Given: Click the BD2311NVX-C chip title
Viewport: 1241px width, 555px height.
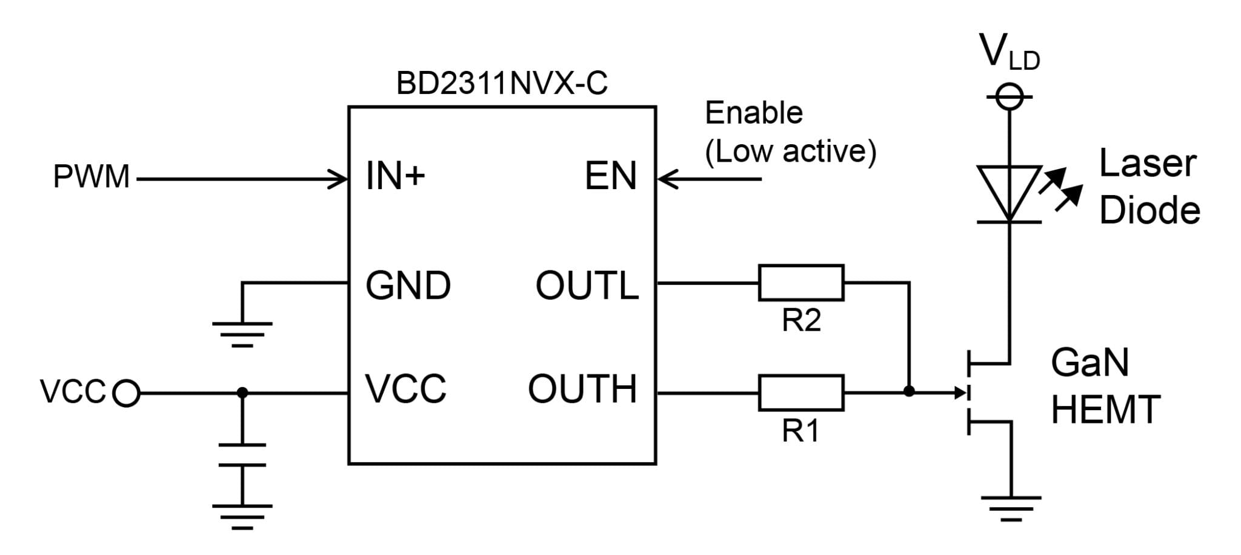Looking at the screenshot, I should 501,84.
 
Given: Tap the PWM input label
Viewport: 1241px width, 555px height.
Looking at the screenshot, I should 91,178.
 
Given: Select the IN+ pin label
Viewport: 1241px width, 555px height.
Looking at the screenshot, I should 396,176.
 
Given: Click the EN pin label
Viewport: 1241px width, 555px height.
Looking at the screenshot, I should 610,176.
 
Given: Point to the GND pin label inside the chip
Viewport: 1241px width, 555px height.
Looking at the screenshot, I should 408,285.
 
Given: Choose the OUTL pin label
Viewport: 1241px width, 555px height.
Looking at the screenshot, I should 587,285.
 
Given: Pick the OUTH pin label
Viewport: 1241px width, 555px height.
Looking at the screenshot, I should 582,388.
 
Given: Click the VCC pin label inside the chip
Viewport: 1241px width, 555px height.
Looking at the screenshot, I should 405,388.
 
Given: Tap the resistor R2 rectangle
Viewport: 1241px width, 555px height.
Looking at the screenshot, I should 800,282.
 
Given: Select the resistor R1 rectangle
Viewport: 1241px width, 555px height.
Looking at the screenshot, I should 800,393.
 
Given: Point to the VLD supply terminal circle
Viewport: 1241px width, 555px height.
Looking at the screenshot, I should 1010,97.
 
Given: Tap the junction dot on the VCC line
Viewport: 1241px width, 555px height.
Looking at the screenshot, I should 242,393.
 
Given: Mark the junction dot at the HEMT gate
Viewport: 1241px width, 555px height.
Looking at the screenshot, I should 908,391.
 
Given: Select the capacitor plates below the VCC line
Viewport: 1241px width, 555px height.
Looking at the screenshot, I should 242,454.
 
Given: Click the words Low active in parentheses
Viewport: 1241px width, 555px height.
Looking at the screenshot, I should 790,151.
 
